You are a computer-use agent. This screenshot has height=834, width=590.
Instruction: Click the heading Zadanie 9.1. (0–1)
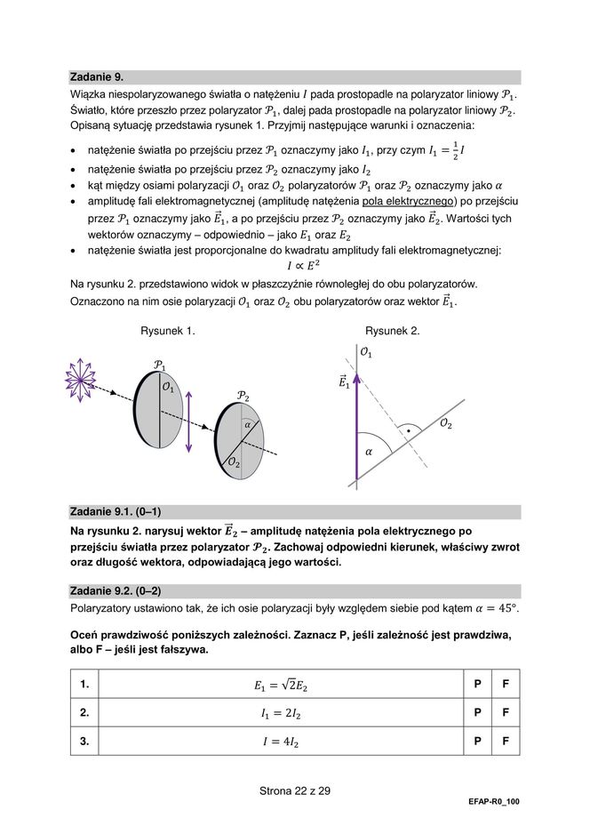coord(115,511)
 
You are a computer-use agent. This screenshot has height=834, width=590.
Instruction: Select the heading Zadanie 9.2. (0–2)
coord(115,590)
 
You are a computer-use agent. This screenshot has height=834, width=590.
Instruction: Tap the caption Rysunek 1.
coord(168,331)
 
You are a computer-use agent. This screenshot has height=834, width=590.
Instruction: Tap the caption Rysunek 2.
coord(392,331)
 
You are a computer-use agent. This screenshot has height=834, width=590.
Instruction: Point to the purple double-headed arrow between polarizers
coord(188,415)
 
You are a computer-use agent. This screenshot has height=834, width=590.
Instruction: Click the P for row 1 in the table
coord(478,685)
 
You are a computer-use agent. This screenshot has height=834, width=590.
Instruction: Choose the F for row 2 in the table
coord(506,712)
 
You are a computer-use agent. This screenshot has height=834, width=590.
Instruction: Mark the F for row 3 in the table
coord(506,741)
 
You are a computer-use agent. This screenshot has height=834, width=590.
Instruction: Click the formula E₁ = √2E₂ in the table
coord(280,685)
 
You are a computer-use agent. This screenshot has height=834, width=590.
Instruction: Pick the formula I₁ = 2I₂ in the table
coord(280,713)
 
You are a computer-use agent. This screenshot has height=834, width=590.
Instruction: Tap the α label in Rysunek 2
coord(368,452)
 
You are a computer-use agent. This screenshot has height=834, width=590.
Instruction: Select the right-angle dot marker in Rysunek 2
coord(408,430)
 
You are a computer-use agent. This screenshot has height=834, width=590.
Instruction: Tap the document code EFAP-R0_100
coord(494,802)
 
